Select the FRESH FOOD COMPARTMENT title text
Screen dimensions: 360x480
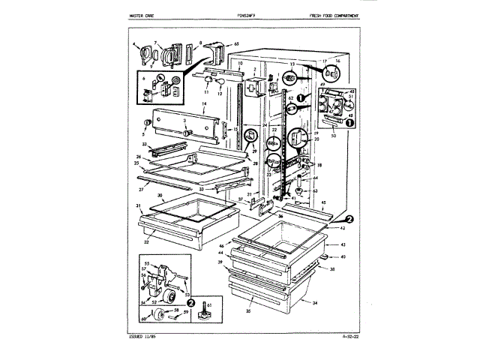pyautogui.click(x=331, y=16)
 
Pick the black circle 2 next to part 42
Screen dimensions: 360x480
pyautogui.click(x=349, y=218)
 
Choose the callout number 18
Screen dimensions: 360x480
pyautogui.click(x=319, y=165)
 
